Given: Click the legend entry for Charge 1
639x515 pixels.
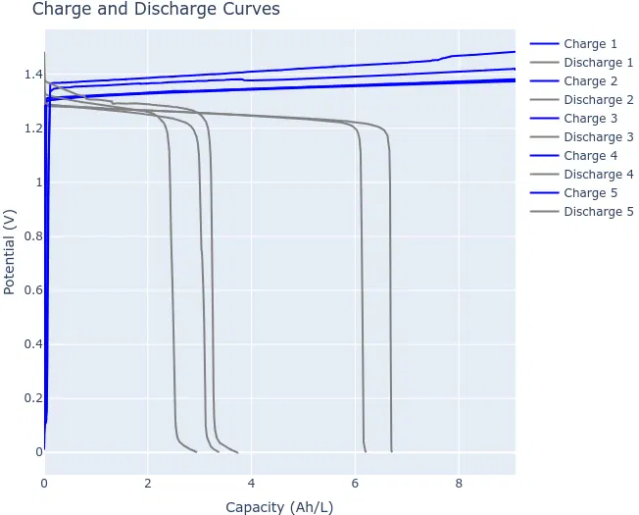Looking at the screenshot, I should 590,44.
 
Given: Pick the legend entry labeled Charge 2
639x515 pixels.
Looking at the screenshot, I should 590,81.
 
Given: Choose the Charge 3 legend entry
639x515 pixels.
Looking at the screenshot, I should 590,119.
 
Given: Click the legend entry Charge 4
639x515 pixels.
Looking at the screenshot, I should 590,156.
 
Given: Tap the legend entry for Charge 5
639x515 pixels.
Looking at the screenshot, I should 590,193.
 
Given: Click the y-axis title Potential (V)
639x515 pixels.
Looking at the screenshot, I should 10,252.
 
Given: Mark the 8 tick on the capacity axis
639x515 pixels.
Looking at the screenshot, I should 459,484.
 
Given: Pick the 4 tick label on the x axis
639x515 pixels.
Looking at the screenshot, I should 252,484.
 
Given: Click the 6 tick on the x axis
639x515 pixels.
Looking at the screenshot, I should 355,484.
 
